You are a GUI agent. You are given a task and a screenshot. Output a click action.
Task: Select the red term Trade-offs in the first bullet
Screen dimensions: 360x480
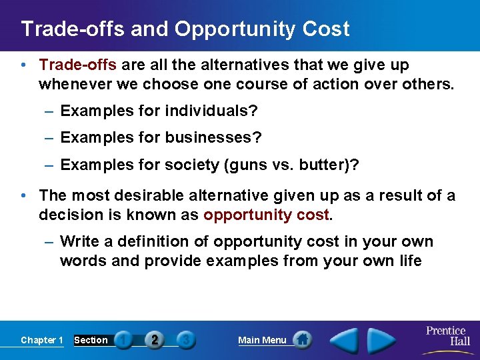(x=78, y=65)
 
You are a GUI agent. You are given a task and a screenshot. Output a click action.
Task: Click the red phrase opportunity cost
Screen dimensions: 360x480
(x=266, y=215)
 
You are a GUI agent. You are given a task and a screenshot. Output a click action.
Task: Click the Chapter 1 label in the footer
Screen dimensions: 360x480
(x=42, y=340)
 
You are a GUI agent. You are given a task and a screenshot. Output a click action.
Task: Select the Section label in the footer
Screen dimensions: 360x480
(x=91, y=340)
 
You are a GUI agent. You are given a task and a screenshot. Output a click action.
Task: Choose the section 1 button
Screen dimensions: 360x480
(x=123, y=340)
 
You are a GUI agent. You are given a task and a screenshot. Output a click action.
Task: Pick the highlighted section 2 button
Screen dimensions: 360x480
(x=155, y=340)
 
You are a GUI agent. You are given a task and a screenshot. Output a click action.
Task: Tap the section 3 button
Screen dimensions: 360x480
(x=186, y=340)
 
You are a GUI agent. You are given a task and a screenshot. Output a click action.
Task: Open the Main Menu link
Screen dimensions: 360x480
(x=262, y=340)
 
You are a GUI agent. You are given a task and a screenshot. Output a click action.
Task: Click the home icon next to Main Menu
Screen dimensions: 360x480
(x=303, y=340)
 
